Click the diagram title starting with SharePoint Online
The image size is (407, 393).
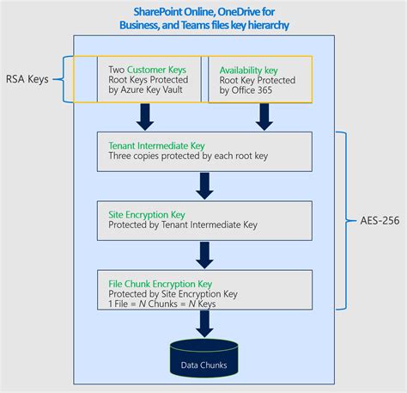[x=203, y=18]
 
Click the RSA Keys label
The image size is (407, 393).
[x=27, y=79]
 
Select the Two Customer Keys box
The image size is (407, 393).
[x=148, y=80]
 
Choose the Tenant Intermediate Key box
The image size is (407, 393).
[x=204, y=152]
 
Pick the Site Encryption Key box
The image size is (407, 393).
[x=204, y=219]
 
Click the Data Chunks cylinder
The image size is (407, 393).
[x=204, y=362]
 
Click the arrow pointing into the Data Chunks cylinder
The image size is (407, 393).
[x=204, y=323]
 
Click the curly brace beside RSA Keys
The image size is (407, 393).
[x=62, y=79]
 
